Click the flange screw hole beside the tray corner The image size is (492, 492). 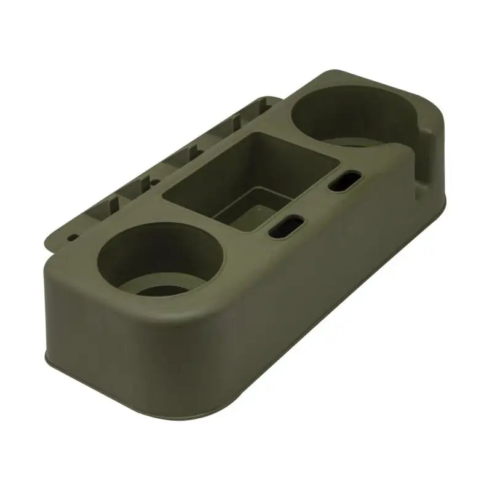pyautogui.click(x=146, y=183)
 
